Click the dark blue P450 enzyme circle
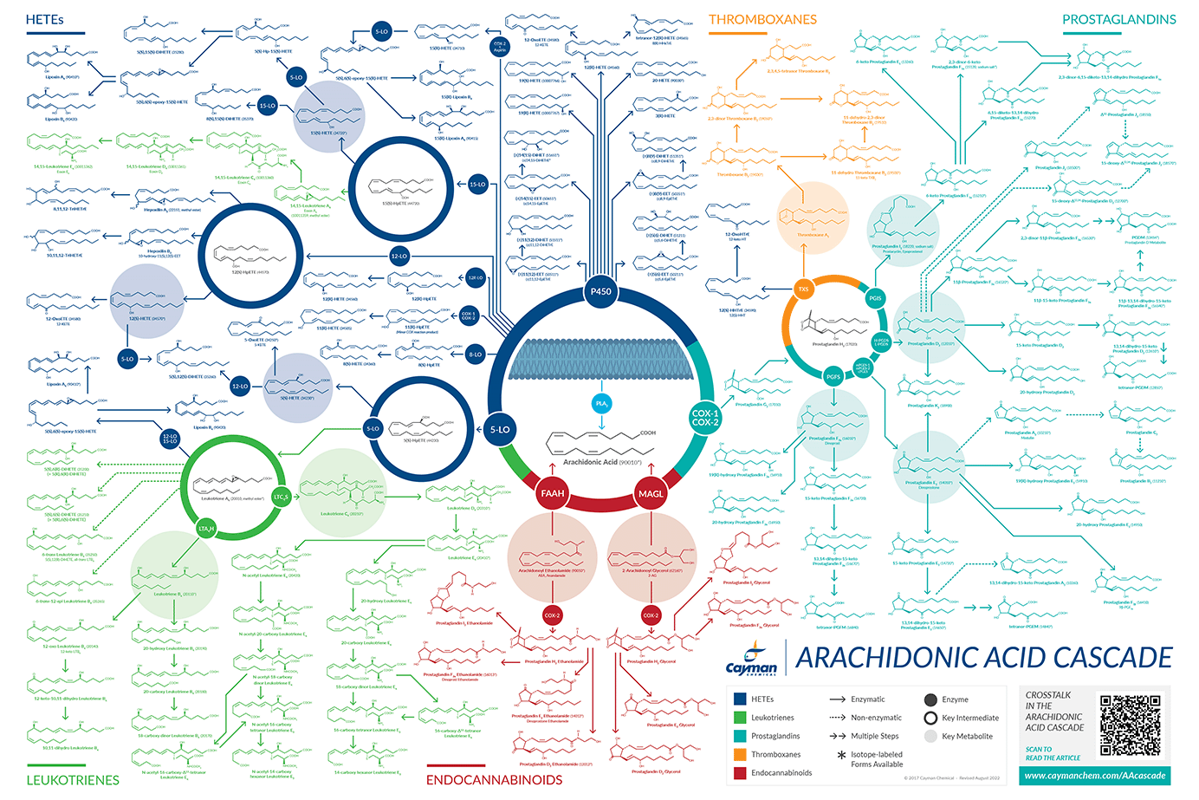point(600,291)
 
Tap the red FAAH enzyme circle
point(553,493)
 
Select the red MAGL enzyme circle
point(651,493)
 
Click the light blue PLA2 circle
point(602,403)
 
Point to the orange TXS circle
point(803,289)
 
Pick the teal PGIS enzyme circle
point(875,298)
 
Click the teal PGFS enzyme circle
point(833,376)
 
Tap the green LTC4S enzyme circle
point(281,497)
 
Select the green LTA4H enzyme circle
point(206,528)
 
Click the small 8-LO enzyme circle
point(475,354)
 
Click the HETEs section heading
point(45,19)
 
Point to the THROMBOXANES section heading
point(762,19)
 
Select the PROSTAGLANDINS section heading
point(1119,19)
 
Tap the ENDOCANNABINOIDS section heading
point(494,779)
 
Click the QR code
point(1131,725)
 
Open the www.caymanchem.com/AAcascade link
point(1095,776)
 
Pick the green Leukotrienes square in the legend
point(740,718)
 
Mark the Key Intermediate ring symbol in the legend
point(930,718)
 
